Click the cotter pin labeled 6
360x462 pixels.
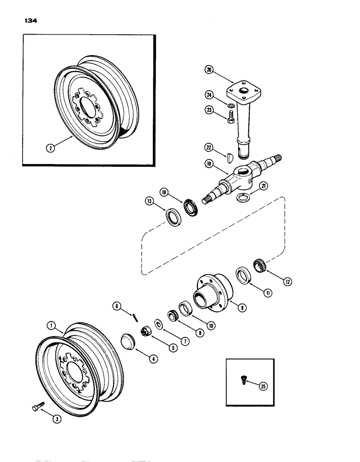click(134, 316)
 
